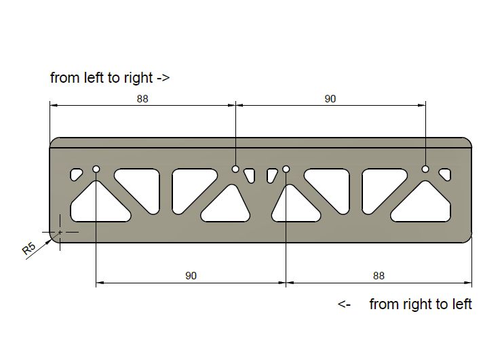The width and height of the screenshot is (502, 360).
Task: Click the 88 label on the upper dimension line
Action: point(142,99)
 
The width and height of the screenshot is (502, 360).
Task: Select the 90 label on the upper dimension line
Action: point(330,99)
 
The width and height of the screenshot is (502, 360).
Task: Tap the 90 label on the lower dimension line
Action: point(191,276)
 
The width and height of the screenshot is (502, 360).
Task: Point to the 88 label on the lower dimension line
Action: point(379,276)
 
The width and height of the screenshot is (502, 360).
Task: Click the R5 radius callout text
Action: point(28,248)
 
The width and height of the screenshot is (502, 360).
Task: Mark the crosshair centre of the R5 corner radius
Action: point(60,232)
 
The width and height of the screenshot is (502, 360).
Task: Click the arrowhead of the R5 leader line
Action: point(48,241)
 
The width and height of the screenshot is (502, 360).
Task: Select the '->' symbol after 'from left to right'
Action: point(163,78)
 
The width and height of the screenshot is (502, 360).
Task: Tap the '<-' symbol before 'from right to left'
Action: point(344,304)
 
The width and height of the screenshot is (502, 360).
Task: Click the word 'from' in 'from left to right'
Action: point(65,78)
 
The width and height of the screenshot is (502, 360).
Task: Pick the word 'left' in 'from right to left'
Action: point(462,304)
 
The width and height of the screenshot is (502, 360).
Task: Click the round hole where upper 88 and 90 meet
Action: point(235,169)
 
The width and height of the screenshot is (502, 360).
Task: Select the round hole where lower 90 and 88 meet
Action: point(286,169)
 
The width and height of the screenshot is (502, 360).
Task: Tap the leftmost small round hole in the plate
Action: point(96,169)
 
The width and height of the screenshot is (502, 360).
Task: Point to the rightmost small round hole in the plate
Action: point(425,169)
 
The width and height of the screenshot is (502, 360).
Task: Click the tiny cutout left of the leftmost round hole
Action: point(75,174)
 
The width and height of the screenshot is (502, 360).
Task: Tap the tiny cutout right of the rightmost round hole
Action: point(445,174)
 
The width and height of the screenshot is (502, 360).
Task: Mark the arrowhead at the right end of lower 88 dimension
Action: point(468,283)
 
